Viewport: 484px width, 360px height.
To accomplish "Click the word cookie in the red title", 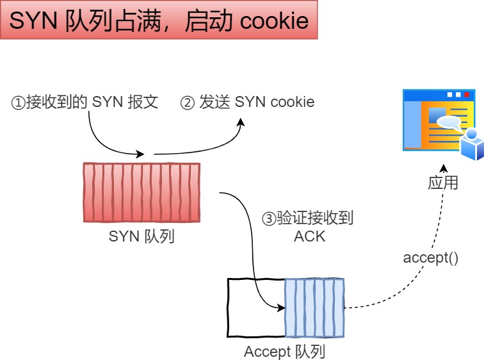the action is pos(274,21).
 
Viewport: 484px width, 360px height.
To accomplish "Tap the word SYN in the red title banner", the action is pos(33,20).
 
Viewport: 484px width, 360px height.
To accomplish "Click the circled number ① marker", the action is pos(18,103).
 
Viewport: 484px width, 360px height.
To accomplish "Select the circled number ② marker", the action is pos(188,103).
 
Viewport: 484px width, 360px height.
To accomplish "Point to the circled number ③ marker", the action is pos(269,218).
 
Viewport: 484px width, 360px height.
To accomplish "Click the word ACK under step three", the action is pos(309,236).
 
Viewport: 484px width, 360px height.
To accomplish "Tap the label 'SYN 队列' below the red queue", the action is pos(141,236).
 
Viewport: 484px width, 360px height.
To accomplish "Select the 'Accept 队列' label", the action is pos(285,352).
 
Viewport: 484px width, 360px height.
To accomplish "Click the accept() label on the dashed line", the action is pos(431,258).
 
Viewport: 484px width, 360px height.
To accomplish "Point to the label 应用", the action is pos(443,183).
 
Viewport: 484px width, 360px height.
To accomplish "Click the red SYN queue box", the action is pos(141,192).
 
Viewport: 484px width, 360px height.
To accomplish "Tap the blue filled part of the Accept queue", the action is pos(314,308).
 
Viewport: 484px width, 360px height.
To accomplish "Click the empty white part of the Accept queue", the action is pos(256,308).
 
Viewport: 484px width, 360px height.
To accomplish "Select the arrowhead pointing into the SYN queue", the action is pos(140,154).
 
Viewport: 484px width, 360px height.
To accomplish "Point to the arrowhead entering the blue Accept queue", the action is pos(281,308).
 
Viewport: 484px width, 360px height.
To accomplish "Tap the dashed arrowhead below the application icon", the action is pos(444,168).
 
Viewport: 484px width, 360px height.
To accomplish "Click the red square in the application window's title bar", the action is pos(467,94).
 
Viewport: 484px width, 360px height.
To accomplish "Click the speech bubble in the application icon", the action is pos(448,122).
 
